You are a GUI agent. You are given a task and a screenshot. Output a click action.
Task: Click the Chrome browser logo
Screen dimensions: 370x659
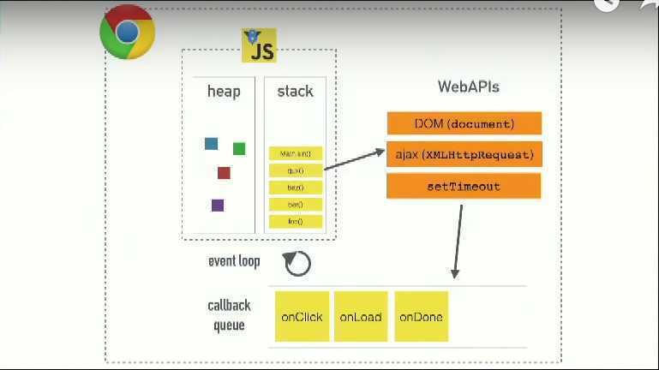[128, 33]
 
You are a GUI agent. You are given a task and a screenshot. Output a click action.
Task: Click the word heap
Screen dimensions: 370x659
[224, 91]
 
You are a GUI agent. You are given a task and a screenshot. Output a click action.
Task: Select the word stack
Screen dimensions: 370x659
[295, 91]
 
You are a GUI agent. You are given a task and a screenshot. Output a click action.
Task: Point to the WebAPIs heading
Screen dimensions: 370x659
[468, 87]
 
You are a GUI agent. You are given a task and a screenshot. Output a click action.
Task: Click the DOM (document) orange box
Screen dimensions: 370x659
[464, 123]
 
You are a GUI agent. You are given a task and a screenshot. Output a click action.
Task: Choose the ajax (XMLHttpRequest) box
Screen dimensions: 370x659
[464, 155]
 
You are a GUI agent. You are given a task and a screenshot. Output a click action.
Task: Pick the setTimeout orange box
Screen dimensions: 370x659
[464, 186]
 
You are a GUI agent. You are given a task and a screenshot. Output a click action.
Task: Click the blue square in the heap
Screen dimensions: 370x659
[211, 143]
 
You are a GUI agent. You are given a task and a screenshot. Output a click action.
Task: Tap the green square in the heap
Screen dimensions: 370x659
[239, 148]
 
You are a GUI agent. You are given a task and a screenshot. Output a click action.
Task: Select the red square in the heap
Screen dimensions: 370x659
[224, 173]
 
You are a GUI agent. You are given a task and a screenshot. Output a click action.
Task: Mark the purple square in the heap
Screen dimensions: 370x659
[218, 205]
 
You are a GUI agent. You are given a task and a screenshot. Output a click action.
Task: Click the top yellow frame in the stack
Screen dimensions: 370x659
[296, 153]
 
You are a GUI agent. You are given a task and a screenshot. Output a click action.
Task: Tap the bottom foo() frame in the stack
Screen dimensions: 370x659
[296, 222]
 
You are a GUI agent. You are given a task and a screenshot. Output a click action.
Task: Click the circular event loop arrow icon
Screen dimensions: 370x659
[297, 263]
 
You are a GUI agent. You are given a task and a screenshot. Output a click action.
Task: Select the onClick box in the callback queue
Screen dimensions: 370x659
[302, 317]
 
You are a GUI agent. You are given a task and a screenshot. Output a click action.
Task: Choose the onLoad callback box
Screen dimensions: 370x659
[361, 317]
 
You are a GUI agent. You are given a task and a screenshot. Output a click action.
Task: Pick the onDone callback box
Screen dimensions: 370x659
[421, 317]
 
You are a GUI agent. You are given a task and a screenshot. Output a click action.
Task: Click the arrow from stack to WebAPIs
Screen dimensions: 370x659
[355, 161]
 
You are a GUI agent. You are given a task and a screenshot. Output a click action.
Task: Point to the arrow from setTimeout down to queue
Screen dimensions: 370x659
[458, 240]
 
